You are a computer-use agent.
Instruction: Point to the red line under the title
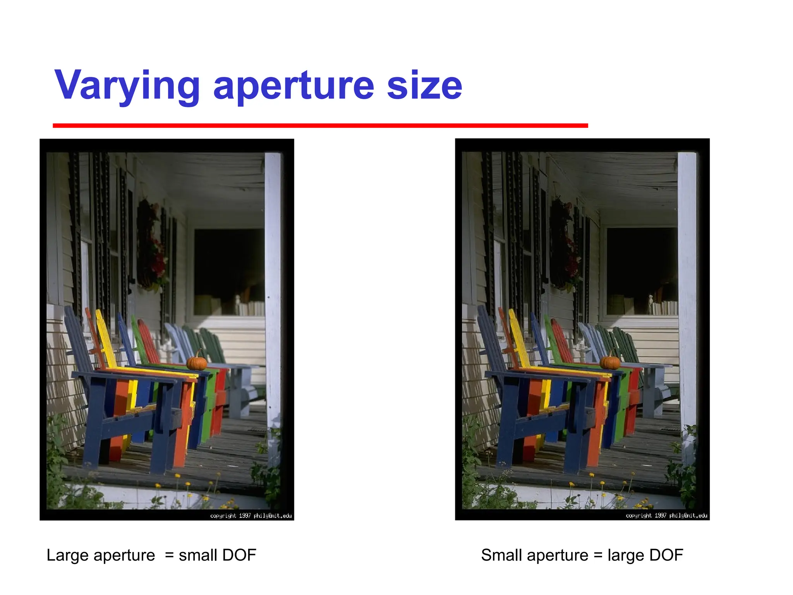click(x=320, y=126)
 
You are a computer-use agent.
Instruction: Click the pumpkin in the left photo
click(x=197, y=362)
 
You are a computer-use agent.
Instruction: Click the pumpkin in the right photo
click(x=610, y=362)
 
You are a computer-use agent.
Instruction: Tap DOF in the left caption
click(x=239, y=555)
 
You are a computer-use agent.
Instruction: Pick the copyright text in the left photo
click(x=251, y=516)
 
